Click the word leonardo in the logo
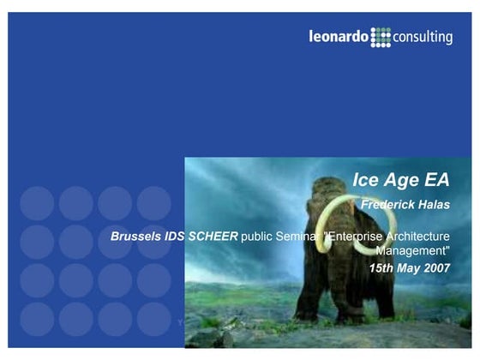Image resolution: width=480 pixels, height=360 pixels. (x=339, y=37)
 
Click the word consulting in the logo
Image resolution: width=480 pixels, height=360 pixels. (x=423, y=37)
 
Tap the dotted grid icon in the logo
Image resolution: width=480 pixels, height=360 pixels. (x=381, y=37)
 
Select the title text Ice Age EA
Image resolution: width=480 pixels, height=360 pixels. (x=401, y=180)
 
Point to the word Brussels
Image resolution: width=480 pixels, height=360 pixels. (x=138, y=235)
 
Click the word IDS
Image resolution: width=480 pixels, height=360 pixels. (x=177, y=235)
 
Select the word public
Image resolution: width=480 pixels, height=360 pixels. (x=257, y=235)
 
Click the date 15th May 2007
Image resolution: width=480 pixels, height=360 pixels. (x=409, y=268)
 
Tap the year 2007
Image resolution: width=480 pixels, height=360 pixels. (x=435, y=268)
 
